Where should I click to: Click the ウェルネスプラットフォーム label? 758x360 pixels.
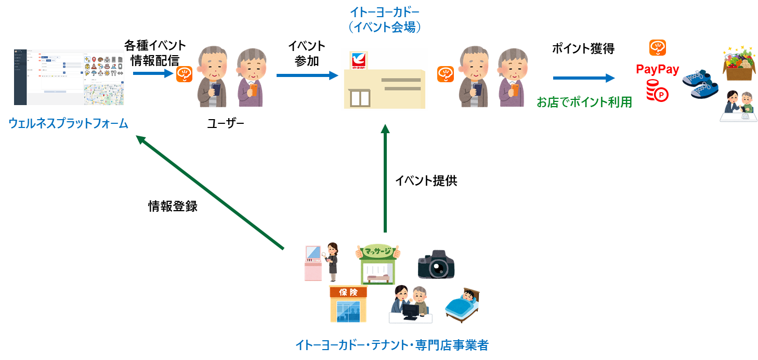pos(68,124)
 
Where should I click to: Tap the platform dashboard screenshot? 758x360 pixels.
pos(70,77)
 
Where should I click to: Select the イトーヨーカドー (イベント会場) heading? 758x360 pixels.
pos(385,20)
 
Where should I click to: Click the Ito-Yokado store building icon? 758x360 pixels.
pos(384,80)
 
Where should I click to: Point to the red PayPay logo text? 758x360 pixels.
pos(658,69)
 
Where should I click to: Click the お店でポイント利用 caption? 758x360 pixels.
pos(584,102)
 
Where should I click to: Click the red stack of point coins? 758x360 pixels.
pos(657,91)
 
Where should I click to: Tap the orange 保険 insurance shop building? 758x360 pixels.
pos(348,304)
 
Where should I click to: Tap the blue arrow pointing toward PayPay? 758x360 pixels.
pos(584,78)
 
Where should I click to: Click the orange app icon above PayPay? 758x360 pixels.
pos(657,48)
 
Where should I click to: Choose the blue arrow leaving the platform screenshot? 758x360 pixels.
pos(153,73)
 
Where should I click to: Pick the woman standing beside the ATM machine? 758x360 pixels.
pos(332,261)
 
